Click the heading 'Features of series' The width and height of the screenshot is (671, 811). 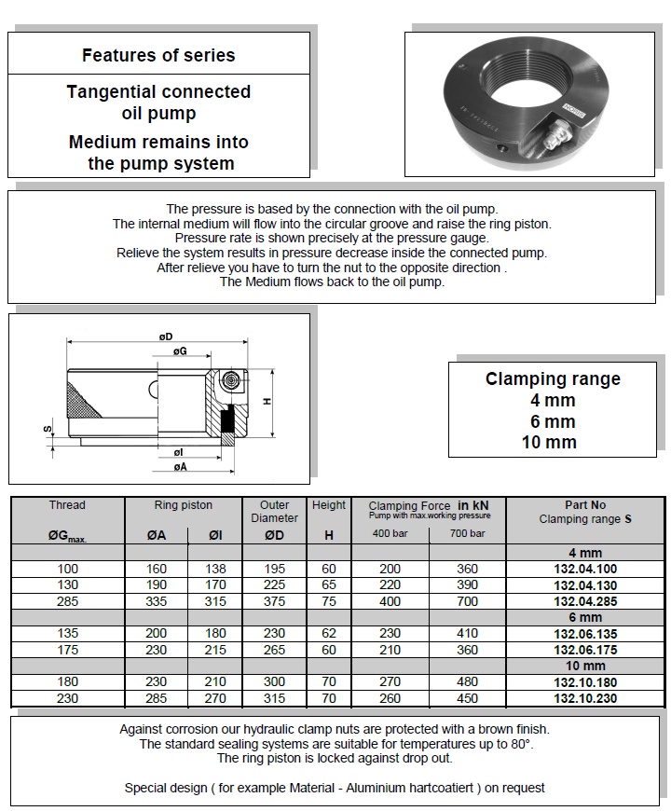tap(158, 55)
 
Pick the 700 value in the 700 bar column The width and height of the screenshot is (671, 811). tap(467, 602)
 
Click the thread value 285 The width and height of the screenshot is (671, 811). tap(67, 602)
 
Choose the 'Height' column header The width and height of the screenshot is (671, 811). tap(329, 505)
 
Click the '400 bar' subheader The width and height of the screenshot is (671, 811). tap(389, 533)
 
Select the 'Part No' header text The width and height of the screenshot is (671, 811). tap(585, 505)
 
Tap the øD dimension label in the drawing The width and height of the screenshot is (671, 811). tap(166, 337)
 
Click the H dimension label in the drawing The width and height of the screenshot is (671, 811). tap(267, 401)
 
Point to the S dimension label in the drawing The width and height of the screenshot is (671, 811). tap(46, 430)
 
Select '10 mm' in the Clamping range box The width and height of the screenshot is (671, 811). tap(550, 442)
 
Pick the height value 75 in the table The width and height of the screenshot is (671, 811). tap(329, 602)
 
